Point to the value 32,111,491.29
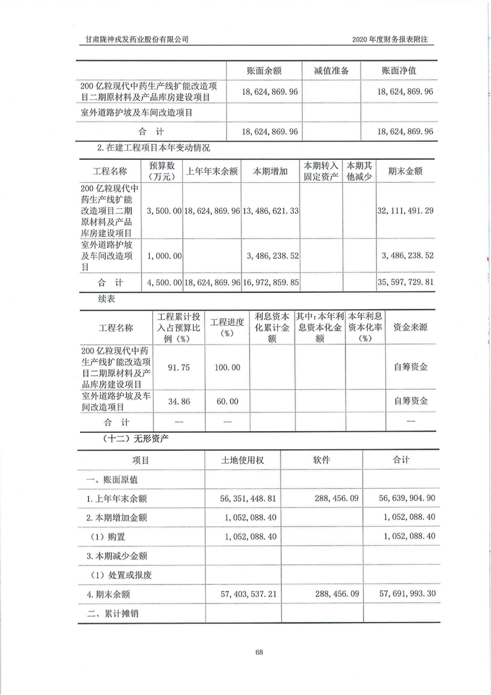click(405, 211)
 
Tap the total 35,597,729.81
click(405, 282)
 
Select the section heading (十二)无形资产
click(136, 438)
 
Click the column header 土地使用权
click(243, 461)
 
